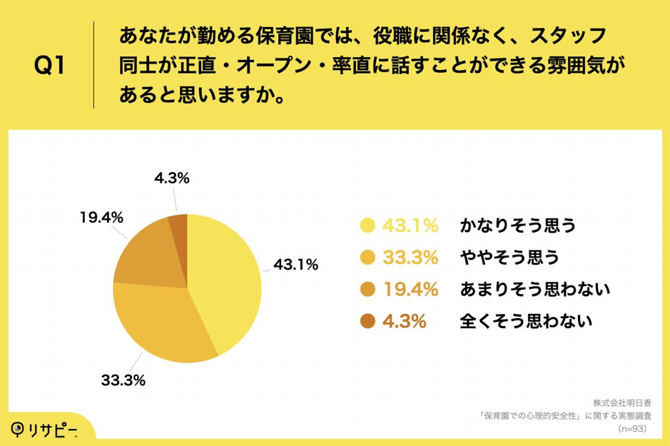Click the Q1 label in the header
coord(50,66)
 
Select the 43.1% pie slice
coord(225,278)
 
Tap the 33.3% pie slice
coord(161,321)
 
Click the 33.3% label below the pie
coord(122,380)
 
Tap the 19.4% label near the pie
coord(102,218)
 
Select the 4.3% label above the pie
coord(171,179)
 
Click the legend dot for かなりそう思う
coord(368,226)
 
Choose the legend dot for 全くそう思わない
coord(368,321)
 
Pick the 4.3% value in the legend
coord(405,321)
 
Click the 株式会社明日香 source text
coord(621,402)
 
